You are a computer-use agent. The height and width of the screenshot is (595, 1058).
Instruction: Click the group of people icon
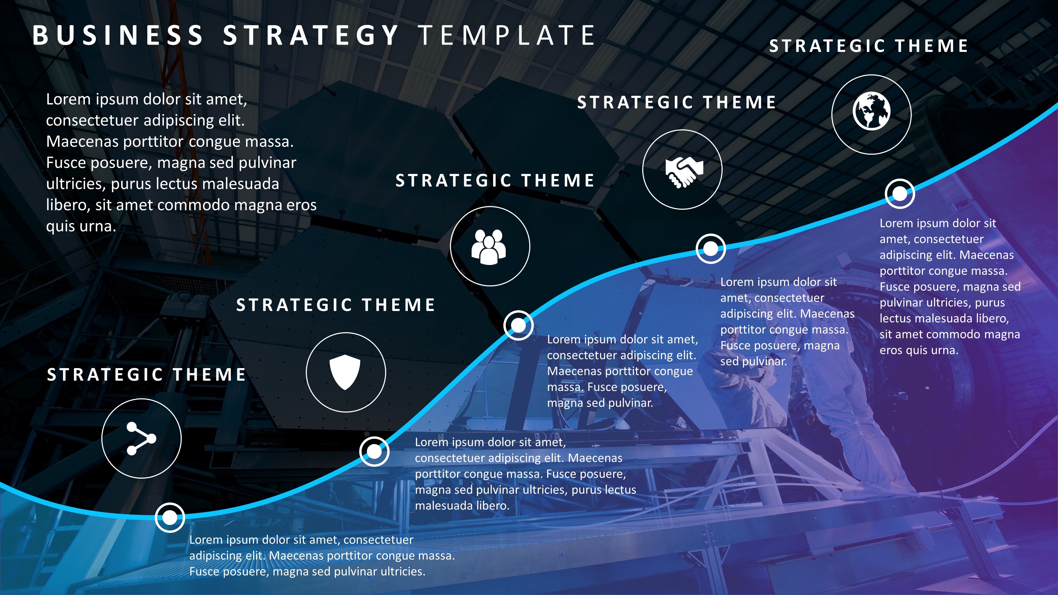click(x=489, y=247)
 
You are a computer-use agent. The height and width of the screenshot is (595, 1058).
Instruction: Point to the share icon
click(x=141, y=438)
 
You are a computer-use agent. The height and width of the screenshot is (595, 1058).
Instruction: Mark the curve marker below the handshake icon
click(x=710, y=248)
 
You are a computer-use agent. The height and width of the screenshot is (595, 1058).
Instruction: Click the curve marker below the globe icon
click(x=900, y=193)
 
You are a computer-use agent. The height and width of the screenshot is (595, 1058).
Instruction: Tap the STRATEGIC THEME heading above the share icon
click(x=146, y=374)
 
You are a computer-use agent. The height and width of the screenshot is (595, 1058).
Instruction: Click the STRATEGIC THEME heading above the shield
click(x=336, y=305)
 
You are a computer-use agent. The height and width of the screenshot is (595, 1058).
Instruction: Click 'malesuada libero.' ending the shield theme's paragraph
click(x=462, y=505)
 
